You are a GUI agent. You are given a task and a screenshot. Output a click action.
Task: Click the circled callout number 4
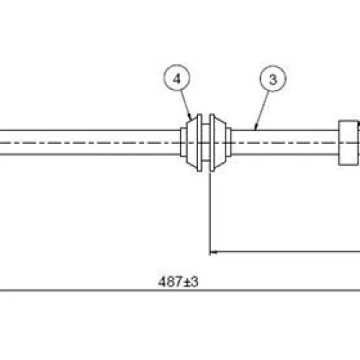point(177,78)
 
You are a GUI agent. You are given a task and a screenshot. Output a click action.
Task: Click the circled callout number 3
point(273,78)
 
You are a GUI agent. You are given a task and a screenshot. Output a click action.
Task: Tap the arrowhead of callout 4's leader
point(190,118)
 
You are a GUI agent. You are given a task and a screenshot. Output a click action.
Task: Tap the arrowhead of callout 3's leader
point(256,127)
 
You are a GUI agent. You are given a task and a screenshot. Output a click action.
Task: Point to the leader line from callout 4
point(186,106)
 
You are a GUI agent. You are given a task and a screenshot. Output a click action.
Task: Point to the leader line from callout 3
point(262,111)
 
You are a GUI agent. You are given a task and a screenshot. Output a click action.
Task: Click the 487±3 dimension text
point(178,282)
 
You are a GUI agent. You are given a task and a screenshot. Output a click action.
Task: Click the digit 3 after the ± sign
point(194,282)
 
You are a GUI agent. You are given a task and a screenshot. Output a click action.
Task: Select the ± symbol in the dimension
point(186,282)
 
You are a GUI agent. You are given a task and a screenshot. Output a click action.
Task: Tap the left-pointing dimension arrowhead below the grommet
point(214,252)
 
